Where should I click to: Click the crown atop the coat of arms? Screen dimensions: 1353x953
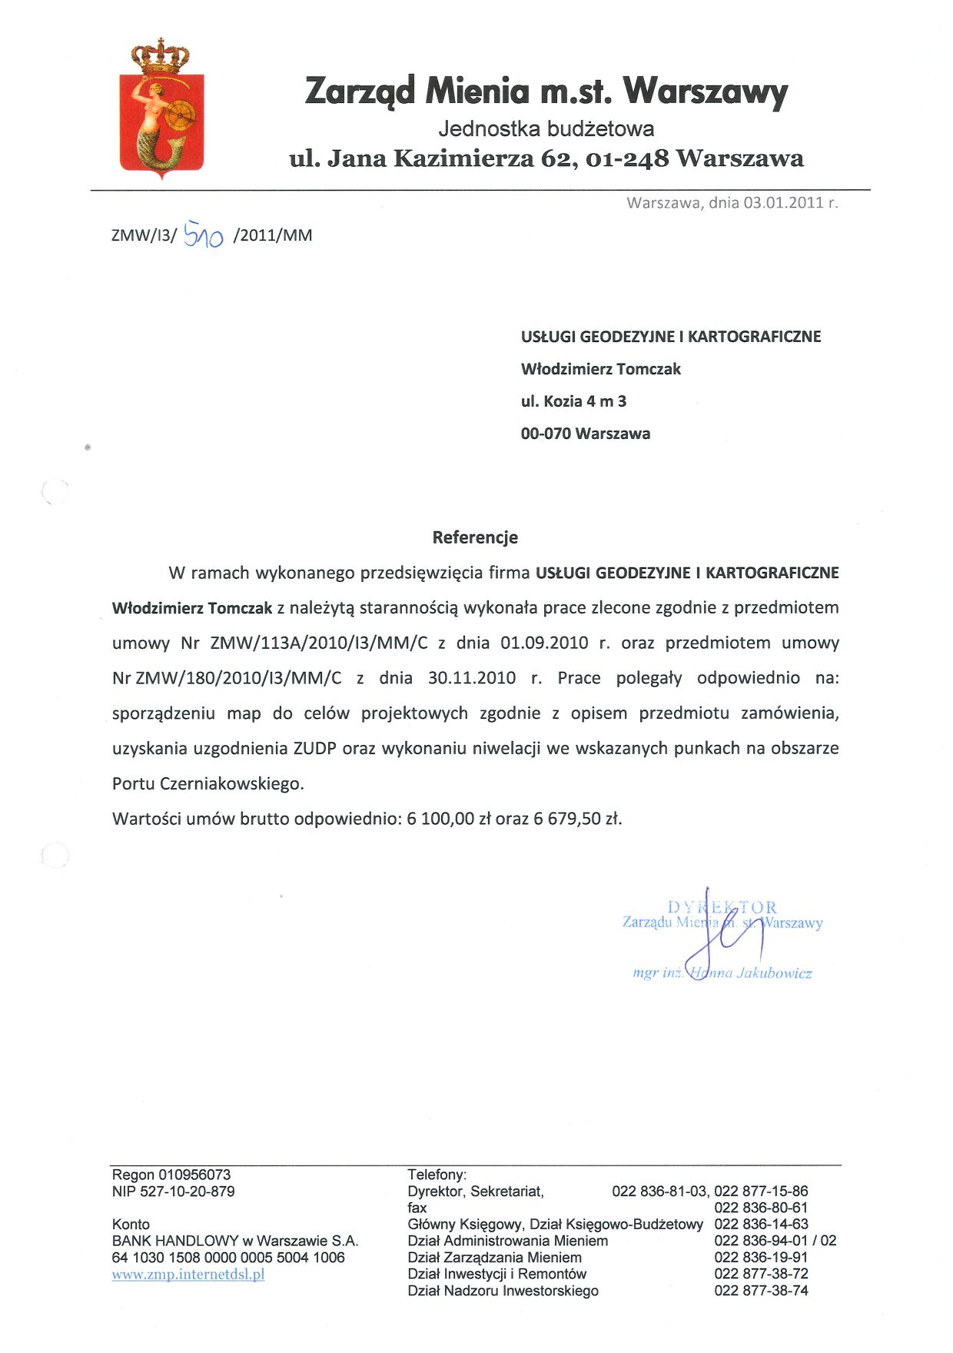(x=161, y=56)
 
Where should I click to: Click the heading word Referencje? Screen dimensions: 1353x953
(x=475, y=537)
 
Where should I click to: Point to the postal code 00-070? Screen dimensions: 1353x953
(x=546, y=434)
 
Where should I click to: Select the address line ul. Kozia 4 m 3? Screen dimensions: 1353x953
(x=573, y=401)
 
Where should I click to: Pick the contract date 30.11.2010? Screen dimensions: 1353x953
(x=472, y=678)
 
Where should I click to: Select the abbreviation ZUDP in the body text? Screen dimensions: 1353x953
(x=315, y=748)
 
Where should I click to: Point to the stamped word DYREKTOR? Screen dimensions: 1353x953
(x=722, y=907)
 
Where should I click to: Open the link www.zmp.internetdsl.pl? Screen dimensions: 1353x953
(x=188, y=1274)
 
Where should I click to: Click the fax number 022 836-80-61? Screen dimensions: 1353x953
(x=761, y=1208)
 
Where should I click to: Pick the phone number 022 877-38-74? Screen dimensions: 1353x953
(x=761, y=1291)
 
